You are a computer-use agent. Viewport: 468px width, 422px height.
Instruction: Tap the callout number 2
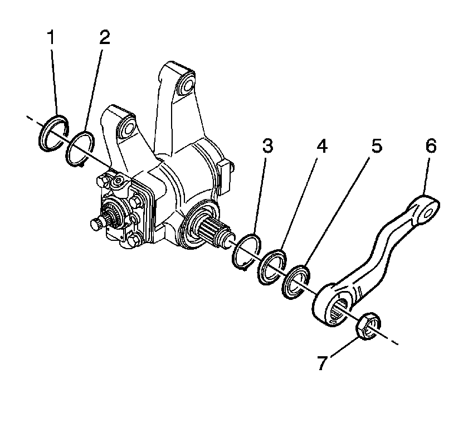105,37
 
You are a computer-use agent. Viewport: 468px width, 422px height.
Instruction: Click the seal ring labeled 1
53,132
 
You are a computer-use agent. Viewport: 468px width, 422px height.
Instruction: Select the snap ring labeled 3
245,251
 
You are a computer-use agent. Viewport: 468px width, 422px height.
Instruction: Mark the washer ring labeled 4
272,266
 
